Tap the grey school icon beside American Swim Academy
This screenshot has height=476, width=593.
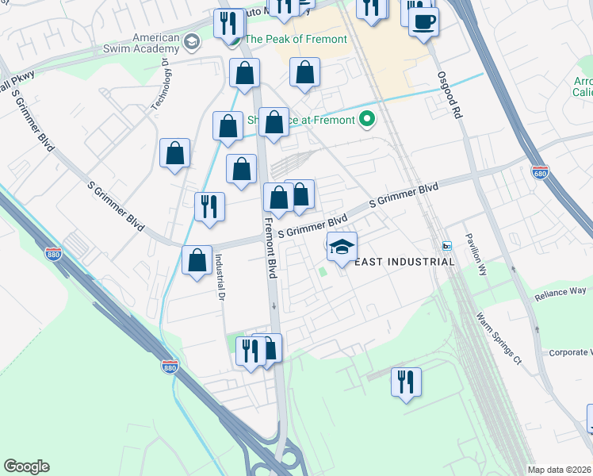pyautogui.click(x=191, y=40)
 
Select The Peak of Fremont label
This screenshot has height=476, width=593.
pyautogui.click(x=296, y=39)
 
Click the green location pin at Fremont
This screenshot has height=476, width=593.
pyautogui.click(x=366, y=121)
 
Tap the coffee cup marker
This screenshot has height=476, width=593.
pyautogui.click(x=424, y=20)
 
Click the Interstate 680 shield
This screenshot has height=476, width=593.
pyautogui.click(x=541, y=173)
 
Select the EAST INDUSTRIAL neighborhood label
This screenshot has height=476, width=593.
pyautogui.click(x=404, y=262)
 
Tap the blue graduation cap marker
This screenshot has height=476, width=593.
pyautogui.click(x=342, y=248)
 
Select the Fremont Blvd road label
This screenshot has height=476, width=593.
pyautogui.click(x=270, y=248)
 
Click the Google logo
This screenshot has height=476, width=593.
pyautogui.click(x=26, y=466)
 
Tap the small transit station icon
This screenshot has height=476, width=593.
pyautogui.click(x=446, y=245)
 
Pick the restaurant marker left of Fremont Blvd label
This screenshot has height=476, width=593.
pyautogui.click(x=210, y=206)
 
